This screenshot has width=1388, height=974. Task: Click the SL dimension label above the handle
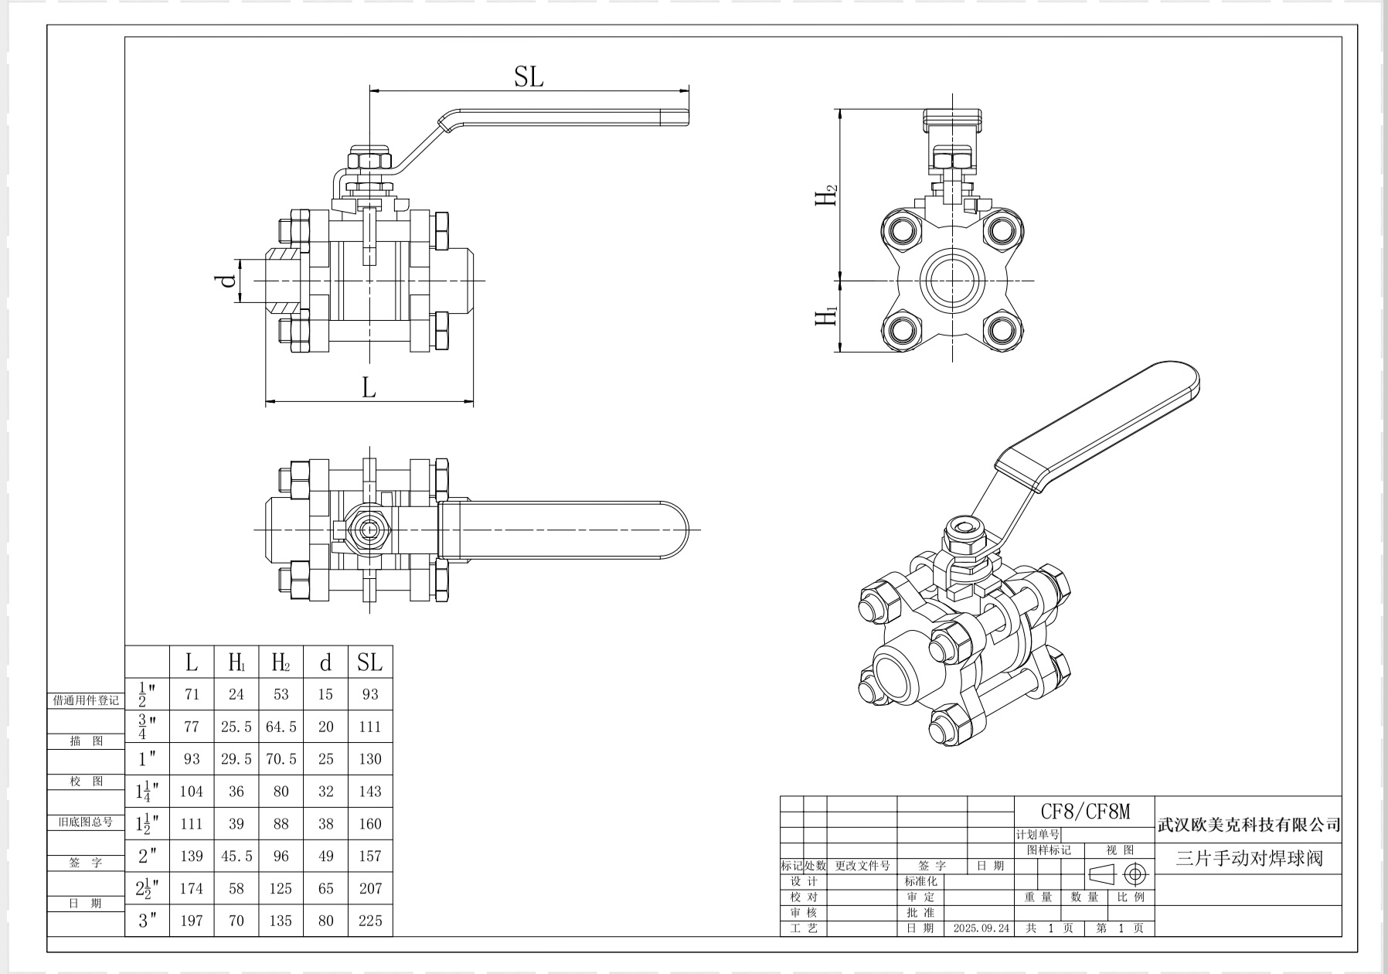coord(529,77)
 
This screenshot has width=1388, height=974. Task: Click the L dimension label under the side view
coord(369,387)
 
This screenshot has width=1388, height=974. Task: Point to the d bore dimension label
coord(227,281)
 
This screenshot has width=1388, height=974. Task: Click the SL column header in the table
coord(369,662)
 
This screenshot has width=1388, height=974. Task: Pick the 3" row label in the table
coord(148,920)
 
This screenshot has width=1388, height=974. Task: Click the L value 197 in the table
coord(192,921)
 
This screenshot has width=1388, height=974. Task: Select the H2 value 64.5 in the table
coord(281,727)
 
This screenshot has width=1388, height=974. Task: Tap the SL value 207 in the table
coord(370,888)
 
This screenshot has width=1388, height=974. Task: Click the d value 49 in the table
coord(325,856)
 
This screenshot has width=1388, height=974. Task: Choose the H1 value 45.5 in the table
coord(236,856)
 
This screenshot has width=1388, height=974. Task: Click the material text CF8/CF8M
coord(1085,812)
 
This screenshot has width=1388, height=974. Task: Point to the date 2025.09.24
coord(981,928)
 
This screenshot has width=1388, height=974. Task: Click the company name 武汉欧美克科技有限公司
coord(1248,826)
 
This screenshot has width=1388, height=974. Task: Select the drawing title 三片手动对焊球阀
coord(1249,858)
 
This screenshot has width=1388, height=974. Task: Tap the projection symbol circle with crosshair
coord(1135,874)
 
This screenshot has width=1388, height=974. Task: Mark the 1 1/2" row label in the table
coord(148,824)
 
